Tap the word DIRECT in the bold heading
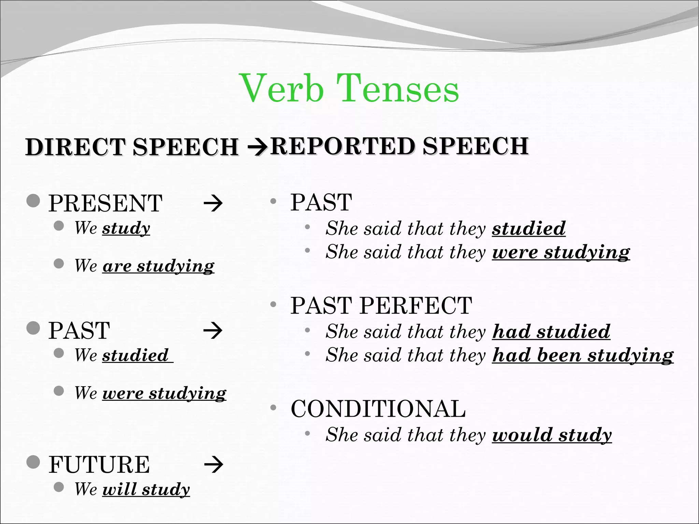pyautogui.click(x=75, y=147)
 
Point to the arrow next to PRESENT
pyautogui.click(x=213, y=204)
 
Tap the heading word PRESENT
pyautogui.click(x=105, y=204)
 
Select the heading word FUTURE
pyautogui.click(x=99, y=465)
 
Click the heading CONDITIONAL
pyautogui.click(x=378, y=409)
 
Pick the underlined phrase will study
pyautogui.click(x=146, y=489)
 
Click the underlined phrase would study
pyautogui.click(x=552, y=435)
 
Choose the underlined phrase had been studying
pyautogui.click(x=583, y=355)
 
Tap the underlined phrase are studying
pyautogui.click(x=158, y=266)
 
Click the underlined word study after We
pyautogui.click(x=126, y=228)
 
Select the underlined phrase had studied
pyautogui.click(x=551, y=332)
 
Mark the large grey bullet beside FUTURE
pyautogui.click(x=33, y=462)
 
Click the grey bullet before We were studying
pyautogui.click(x=59, y=391)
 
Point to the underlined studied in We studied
pyautogui.click(x=135, y=355)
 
